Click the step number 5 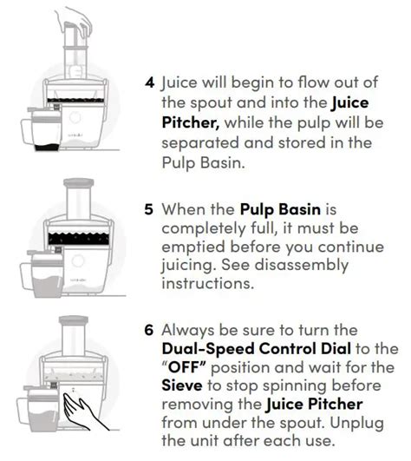[x=150, y=209]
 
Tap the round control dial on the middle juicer [x=85, y=260]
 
